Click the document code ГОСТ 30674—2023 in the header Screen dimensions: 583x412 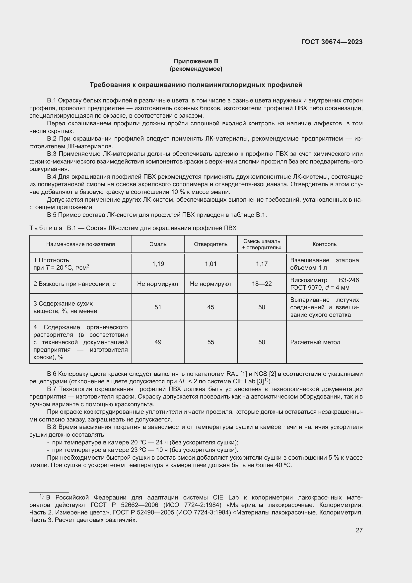(x=332, y=42)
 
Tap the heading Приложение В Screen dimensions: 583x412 (x=196, y=61)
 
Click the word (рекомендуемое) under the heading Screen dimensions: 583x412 (x=196, y=69)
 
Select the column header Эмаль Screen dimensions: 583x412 (x=158, y=244)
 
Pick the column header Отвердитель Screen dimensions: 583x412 (x=210, y=244)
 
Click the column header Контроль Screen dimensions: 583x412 (x=324, y=244)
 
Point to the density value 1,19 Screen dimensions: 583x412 (x=158, y=264)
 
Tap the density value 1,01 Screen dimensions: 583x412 (x=210, y=264)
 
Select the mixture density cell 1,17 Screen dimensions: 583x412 (x=262, y=264)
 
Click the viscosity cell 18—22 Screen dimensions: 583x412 (x=262, y=284)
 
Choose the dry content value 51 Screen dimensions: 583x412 (x=158, y=307)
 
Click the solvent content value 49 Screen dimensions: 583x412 (x=158, y=342)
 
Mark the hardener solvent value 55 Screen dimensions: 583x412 (x=210, y=342)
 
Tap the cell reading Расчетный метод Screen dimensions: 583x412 (x=315, y=342)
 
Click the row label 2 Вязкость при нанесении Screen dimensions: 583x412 (x=74, y=284)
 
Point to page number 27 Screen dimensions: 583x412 (x=359, y=530)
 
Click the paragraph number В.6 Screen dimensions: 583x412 (x=52, y=374)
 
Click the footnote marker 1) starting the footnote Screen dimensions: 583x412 (x=41, y=496)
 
